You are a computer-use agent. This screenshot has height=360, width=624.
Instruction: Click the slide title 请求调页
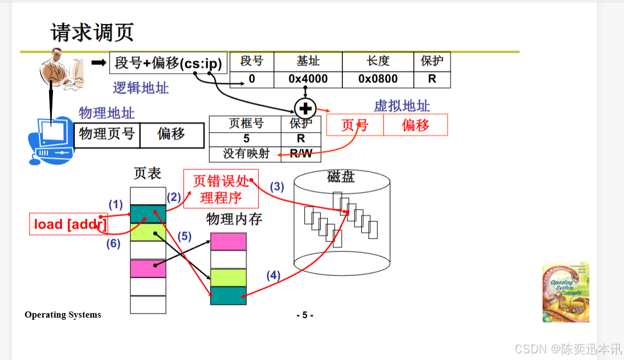coord(93,32)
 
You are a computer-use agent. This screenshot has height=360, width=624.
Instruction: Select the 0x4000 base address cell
coord(308,79)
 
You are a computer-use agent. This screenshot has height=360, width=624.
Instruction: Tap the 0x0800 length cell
coord(378,79)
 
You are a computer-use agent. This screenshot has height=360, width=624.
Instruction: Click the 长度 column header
coord(378,61)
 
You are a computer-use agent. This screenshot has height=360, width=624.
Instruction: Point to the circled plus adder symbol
coord(305,108)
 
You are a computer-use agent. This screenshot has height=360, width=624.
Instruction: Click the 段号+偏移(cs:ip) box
coord(168,63)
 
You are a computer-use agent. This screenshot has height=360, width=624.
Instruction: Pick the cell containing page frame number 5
coord(246,139)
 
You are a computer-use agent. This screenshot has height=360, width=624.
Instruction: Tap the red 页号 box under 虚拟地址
coord(355,125)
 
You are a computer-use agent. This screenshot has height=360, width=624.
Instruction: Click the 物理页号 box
coord(107,135)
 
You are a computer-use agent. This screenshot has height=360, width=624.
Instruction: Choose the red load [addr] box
coord(68,224)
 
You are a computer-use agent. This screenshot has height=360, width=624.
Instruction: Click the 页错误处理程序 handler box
coord(221,189)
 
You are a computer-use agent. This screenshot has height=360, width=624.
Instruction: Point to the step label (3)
coord(277,187)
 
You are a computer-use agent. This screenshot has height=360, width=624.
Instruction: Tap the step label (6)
coord(114,244)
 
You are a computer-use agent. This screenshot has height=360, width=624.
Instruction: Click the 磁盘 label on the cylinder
coord(341,177)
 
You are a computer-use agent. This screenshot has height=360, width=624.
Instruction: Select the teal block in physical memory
coord(228,295)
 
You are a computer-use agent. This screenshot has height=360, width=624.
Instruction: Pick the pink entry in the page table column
coord(148,269)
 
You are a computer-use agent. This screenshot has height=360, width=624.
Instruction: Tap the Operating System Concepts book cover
coord(565,292)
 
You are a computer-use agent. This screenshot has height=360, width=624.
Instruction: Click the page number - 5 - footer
coord(304,315)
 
